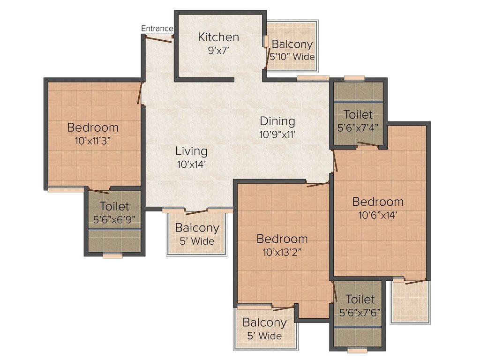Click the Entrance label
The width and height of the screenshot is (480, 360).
pos(157,29)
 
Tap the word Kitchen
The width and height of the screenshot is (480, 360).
pos(218,37)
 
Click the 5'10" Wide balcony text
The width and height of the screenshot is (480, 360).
pos(292,57)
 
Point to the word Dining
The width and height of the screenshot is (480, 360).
pos(277,121)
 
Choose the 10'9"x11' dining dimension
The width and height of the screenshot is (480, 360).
pos(277,135)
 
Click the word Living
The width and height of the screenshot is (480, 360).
pos(191,151)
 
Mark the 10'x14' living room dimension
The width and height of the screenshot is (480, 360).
pos(191,164)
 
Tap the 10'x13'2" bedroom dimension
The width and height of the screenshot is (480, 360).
pos(282,251)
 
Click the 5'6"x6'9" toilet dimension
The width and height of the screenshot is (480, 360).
pos(114,218)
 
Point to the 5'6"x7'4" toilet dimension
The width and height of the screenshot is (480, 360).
pos(358,127)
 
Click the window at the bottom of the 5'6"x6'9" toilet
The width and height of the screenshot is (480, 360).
pos(112,256)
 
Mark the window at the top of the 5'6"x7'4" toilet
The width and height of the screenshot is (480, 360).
pos(354,78)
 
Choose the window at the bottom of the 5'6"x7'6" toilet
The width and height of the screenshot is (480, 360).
pos(357,350)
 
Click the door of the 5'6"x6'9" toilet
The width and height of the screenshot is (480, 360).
pos(99,191)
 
